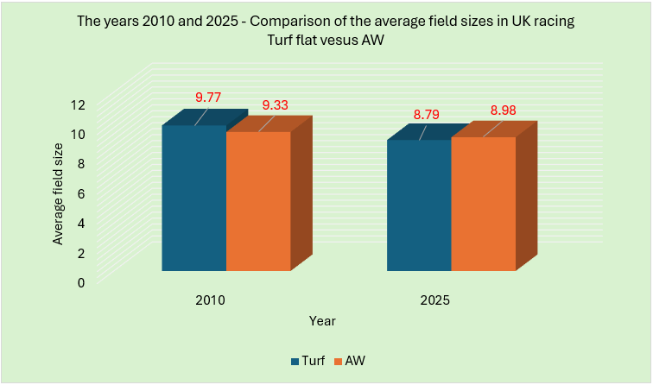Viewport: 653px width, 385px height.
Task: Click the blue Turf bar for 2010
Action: click(x=193, y=199)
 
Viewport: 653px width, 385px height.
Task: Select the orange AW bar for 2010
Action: click(x=258, y=201)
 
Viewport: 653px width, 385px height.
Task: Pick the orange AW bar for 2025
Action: click(x=484, y=205)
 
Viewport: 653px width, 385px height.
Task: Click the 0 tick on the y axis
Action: click(x=81, y=282)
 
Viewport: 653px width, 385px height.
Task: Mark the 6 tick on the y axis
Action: click(x=81, y=193)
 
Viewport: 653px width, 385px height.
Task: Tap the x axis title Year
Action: click(x=323, y=320)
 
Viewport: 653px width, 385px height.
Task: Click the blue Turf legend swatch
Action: click(x=295, y=361)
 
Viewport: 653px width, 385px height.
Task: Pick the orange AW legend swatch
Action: click(x=337, y=361)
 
